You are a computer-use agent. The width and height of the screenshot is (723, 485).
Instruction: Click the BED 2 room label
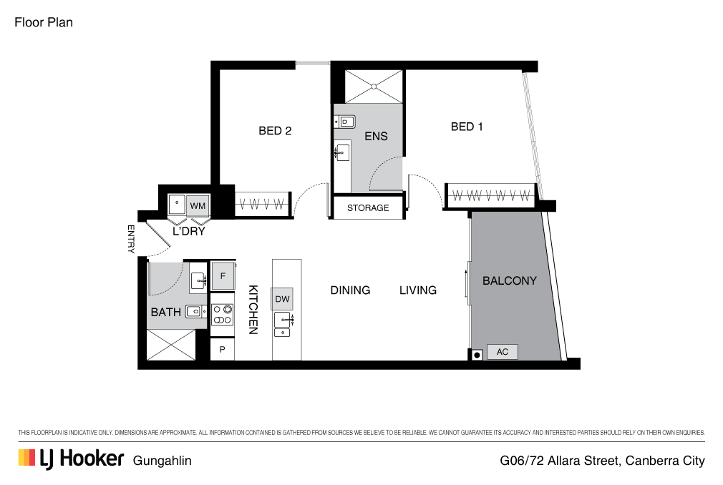click(275, 131)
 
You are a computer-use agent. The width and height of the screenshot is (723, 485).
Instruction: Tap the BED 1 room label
click(467, 127)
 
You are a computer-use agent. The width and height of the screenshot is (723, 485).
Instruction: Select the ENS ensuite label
click(376, 137)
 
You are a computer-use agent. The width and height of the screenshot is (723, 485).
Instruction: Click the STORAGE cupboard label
click(368, 207)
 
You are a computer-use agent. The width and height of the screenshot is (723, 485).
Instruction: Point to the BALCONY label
click(510, 280)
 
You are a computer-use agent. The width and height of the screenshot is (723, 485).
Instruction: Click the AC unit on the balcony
click(502, 352)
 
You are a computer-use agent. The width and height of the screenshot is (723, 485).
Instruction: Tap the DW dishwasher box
click(282, 299)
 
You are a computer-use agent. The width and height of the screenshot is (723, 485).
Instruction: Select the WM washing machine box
click(198, 205)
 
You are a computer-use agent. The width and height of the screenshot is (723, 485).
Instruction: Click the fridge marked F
click(223, 276)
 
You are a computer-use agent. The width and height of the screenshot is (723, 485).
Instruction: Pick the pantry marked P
click(222, 350)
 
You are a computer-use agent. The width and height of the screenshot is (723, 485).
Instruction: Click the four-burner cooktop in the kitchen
click(222, 315)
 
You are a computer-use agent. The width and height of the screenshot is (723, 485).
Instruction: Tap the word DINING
click(351, 290)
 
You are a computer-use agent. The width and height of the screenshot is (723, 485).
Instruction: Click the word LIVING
click(418, 290)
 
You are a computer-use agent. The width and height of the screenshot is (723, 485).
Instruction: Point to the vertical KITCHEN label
click(253, 310)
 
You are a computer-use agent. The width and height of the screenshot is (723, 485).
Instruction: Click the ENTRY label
click(131, 239)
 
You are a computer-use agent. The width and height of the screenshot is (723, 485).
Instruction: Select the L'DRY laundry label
click(188, 231)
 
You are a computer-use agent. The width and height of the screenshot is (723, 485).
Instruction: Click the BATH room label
click(165, 313)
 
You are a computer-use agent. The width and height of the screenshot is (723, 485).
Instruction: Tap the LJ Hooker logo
click(72, 459)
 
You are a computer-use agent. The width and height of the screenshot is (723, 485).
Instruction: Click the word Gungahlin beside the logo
click(162, 461)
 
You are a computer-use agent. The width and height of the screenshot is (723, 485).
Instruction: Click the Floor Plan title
click(44, 22)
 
